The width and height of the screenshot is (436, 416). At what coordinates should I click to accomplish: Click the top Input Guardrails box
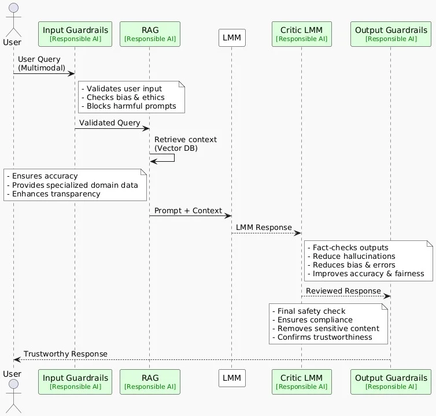(75, 34)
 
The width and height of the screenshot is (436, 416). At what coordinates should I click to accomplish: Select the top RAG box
(150, 34)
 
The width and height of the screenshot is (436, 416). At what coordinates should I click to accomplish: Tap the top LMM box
(232, 38)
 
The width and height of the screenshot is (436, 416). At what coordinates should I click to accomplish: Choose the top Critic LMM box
(302, 34)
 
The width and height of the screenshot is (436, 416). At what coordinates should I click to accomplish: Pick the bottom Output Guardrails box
(391, 381)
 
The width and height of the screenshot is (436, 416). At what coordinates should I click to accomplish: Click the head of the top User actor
(14, 8)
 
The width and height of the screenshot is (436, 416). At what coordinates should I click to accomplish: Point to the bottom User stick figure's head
(14, 384)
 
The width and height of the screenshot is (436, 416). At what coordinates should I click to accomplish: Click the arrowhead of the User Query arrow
(72, 73)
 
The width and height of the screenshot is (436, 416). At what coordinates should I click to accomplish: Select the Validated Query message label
(109, 123)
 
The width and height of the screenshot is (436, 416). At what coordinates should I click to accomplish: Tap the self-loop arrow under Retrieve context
(174, 158)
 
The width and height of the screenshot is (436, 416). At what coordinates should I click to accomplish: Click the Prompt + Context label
(188, 211)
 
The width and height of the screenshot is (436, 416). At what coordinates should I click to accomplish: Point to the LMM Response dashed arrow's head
(298, 233)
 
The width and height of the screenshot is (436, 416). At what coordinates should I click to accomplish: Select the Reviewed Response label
(343, 291)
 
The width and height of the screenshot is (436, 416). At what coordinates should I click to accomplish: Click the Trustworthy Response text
(65, 354)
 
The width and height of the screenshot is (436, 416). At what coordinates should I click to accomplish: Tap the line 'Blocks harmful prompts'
(129, 106)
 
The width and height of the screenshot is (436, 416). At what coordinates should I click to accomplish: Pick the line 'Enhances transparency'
(54, 194)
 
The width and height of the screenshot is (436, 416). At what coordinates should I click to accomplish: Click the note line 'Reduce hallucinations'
(352, 256)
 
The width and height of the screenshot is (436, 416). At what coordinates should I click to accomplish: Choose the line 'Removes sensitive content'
(326, 328)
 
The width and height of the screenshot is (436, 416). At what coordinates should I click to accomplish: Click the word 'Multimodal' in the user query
(42, 68)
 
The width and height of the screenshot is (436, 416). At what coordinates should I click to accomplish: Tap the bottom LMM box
(232, 378)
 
